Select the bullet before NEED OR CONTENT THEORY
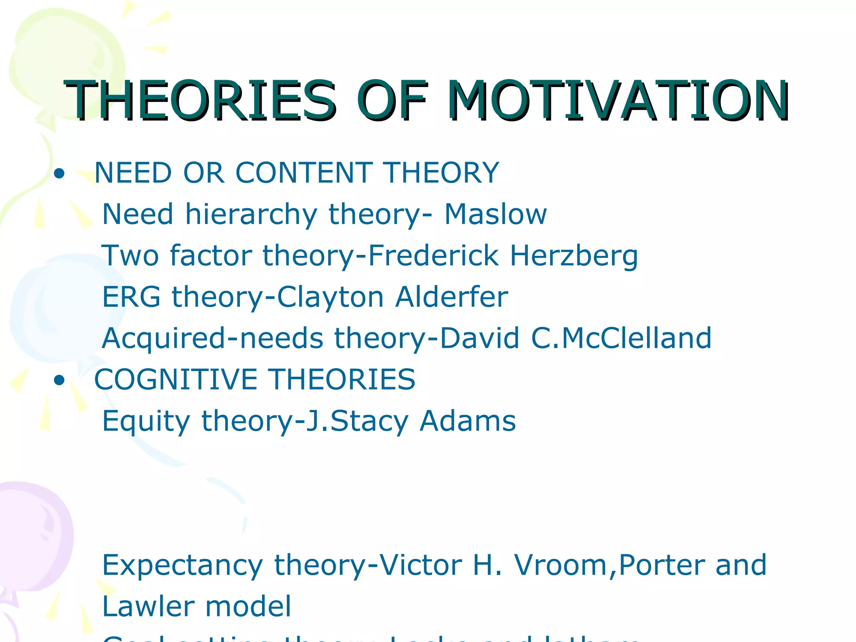[x=59, y=173]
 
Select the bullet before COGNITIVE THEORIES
[x=59, y=380]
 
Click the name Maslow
[x=495, y=214]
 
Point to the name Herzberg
[x=574, y=256]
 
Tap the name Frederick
[x=433, y=255]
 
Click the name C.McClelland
[x=621, y=338]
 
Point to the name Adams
[x=468, y=421]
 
